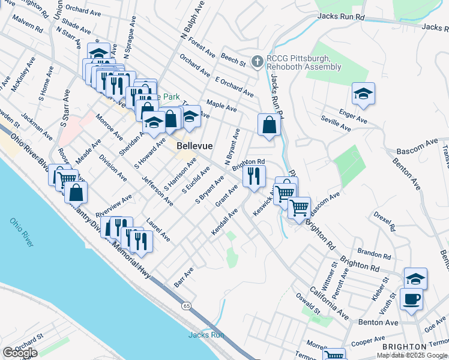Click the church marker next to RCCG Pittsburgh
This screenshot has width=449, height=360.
point(258,61)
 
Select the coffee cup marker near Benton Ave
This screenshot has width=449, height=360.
point(411,299)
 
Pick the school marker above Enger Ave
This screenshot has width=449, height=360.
point(363,94)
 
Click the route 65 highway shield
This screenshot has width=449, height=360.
point(187,306)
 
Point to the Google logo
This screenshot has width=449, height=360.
point(20,353)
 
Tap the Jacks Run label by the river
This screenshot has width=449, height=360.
point(206,335)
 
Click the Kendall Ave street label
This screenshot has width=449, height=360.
point(224,223)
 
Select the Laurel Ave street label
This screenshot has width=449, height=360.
point(158,229)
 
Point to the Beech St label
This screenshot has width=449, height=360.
point(234,59)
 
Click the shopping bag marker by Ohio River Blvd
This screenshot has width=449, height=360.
point(76,193)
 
